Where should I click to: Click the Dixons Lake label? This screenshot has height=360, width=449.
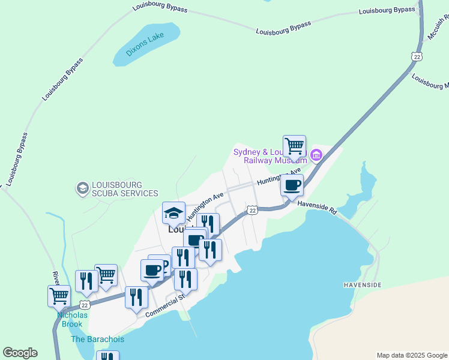click(145, 44)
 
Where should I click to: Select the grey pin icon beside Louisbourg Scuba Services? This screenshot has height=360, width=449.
click(82, 189)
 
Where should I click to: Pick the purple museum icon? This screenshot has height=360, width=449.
click(316, 157)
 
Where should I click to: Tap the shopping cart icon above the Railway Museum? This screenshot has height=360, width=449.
click(294, 145)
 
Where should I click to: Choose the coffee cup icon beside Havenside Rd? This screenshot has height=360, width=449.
click(292, 185)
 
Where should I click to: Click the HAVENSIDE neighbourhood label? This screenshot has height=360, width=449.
click(362, 284)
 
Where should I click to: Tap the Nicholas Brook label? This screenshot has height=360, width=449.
click(72, 319)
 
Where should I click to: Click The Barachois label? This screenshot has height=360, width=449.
click(98, 339)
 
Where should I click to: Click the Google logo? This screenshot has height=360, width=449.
click(20, 353)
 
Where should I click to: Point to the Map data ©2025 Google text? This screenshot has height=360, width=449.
click(412, 355)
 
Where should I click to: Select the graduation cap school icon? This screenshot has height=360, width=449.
click(174, 212)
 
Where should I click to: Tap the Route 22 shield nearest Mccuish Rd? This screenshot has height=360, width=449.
click(417, 56)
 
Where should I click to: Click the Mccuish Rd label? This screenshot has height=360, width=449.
click(436, 29)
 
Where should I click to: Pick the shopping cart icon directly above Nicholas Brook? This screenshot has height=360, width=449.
click(59, 295)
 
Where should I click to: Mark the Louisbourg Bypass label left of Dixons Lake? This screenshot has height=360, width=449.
click(62, 79)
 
